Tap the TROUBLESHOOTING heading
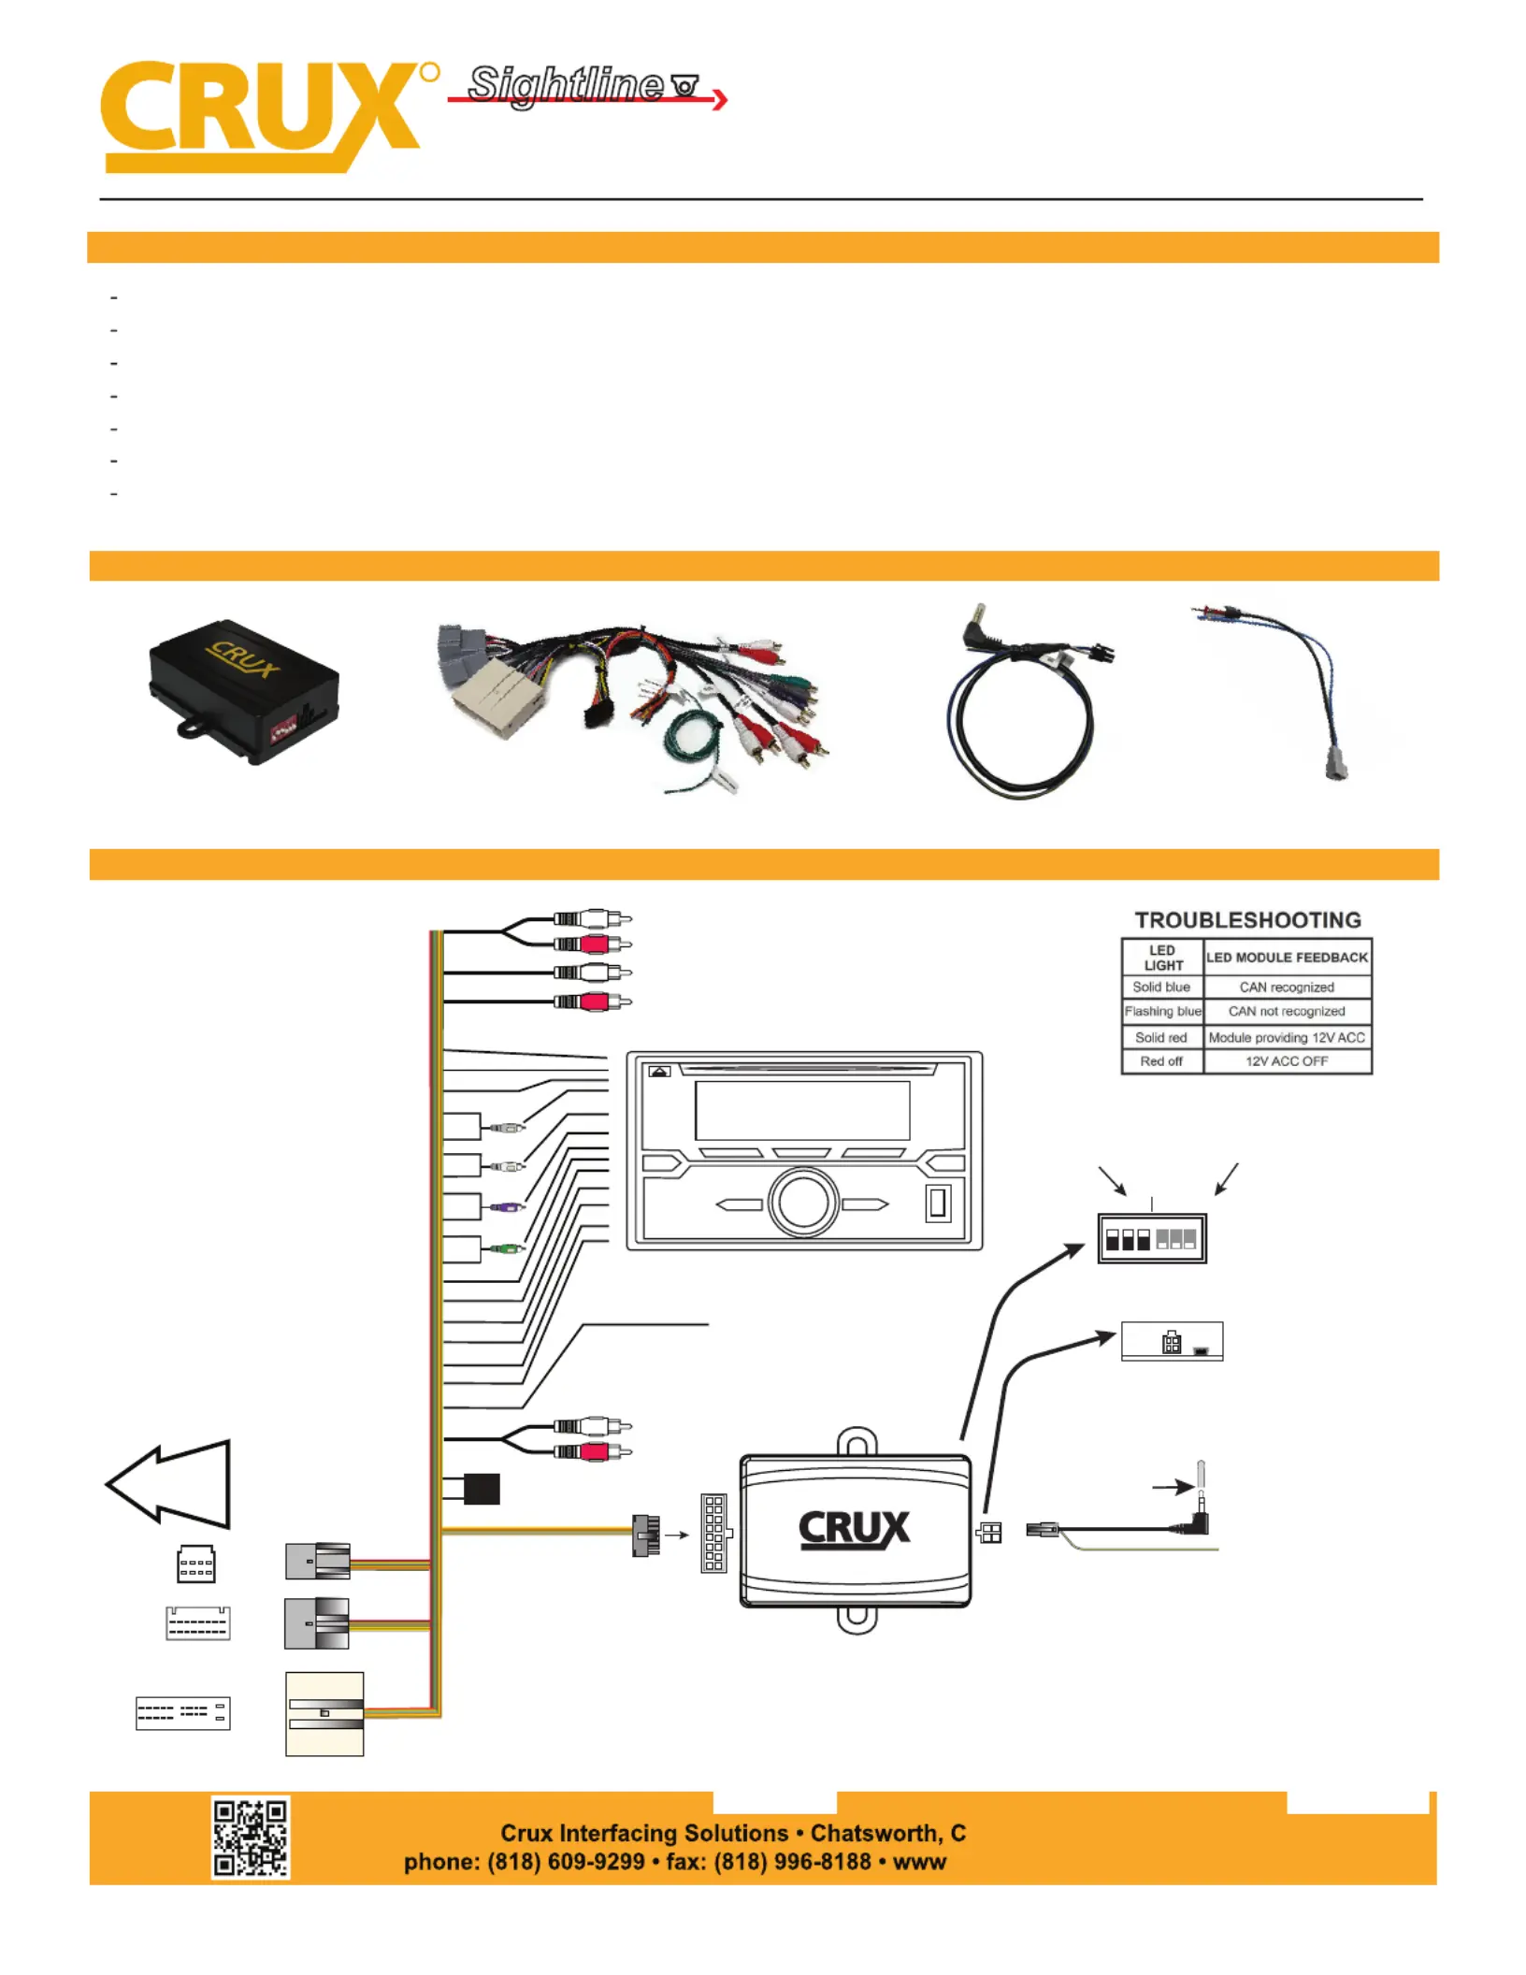coord(1247,920)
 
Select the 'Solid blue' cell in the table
coord(1161,987)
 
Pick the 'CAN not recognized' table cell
coord(1287,1012)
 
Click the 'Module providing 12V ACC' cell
coord(1287,1038)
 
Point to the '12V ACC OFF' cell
coord(1287,1061)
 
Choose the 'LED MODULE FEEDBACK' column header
coord(1287,958)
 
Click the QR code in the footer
coord(250,1837)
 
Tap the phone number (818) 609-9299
coord(566,1862)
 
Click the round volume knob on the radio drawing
coord(802,1204)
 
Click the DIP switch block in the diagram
coord(1152,1239)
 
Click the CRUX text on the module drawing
coord(854,1530)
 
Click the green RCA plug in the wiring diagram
coord(504,1248)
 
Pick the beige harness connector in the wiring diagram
coord(324,1713)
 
